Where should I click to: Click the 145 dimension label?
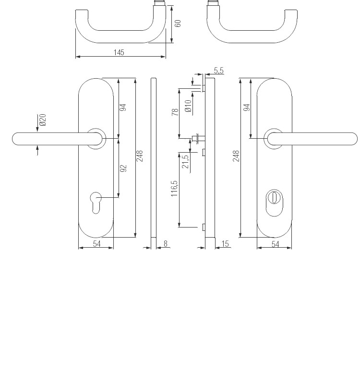[119, 53]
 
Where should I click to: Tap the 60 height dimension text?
[178, 23]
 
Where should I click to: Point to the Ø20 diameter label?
[43, 120]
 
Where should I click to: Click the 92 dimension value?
[123, 168]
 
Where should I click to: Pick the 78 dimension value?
[175, 112]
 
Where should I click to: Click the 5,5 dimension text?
[218, 71]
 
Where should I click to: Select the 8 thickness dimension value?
[166, 244]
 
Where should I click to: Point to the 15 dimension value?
[225, 244]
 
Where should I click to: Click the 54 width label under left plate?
[96, 244]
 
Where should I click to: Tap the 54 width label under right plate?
[275, 244]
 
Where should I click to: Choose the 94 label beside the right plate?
[247, 108]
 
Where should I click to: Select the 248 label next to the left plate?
[140, 156]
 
